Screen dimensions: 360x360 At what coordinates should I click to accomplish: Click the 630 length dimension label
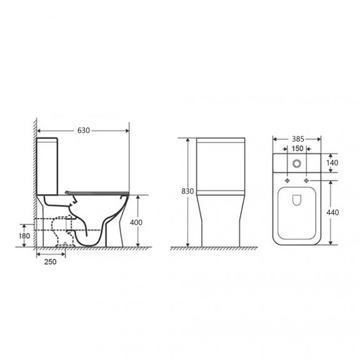(83, 131)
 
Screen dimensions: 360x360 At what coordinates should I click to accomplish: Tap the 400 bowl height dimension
(136, 222)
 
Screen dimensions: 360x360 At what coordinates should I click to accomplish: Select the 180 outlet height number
(24, 236)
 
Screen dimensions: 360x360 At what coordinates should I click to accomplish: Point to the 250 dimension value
(50, 262)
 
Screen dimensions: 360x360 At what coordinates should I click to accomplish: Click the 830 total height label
(187, 191)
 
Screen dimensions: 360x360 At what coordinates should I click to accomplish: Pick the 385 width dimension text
(298, 139)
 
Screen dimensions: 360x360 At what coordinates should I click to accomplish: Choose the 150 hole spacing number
(297, 149)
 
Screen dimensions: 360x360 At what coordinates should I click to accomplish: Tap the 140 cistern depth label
(332, 162)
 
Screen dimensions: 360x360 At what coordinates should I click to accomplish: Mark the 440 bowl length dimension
(332, 212)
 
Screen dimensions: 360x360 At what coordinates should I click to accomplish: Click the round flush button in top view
(297, 164)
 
